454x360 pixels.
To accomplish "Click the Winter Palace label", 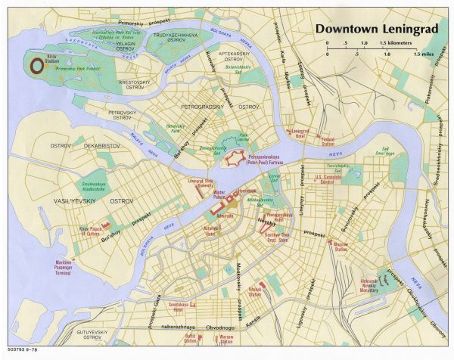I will pyautogui.click(x=219, y=194).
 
